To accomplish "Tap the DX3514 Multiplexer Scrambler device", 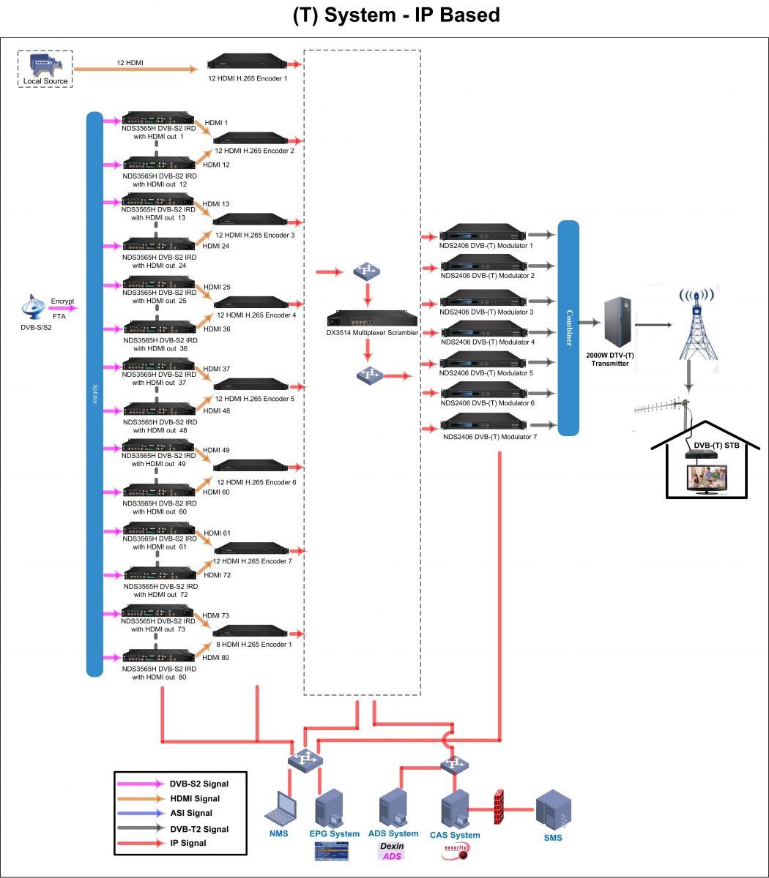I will coord(372,320).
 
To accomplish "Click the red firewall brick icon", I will coord(500,808).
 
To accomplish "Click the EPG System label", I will coord(334,833).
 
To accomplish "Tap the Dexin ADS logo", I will coord(391,851).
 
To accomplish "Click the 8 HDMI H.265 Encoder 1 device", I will coord(249,632).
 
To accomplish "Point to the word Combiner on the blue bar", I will coord(568,327).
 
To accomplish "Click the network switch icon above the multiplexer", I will coord(367,272).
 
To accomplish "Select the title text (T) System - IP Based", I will coord(384,15).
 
